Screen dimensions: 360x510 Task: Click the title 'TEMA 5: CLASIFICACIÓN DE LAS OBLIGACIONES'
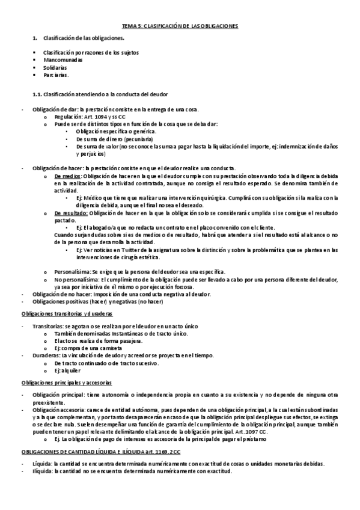[x=180, y=26]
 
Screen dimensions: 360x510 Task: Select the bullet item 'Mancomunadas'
[x=63, y=60]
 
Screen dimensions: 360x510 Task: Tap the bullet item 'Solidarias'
[x=55, y=68]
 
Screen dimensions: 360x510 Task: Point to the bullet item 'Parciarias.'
[x=56, y=76]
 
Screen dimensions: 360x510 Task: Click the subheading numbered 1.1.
[x=103, y=94]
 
